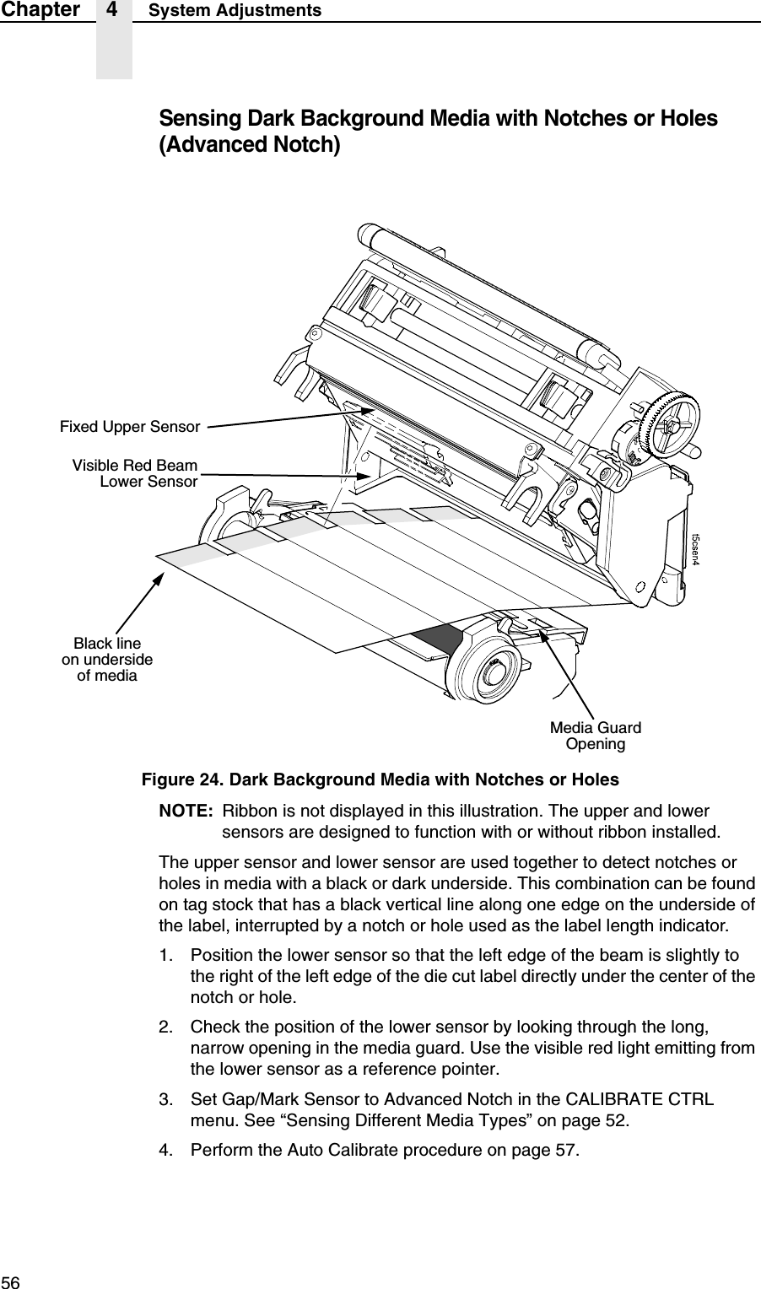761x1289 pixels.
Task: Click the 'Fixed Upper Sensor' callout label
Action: pyautogui.click(x=129, y=427)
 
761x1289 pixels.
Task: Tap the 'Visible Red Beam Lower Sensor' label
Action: pyautogui.click(x=135, y=474)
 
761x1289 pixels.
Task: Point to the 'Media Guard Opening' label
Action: pyautogui.click(x=595, y=736)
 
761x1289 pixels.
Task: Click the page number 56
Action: pyautogui.click(x=10, y=1281)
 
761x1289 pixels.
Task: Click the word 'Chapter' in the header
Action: pyautogui.click(x=40, y=10)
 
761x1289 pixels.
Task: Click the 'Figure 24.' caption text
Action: pyautogui.click(x=182, y=778)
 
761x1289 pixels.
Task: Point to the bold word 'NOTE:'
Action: pyautogui.click(x=186, y=811)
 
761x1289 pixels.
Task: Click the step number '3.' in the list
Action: pyautogui.click(x=168, y=1101)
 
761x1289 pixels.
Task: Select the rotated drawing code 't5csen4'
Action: pyautogui.click(x=697, y=550)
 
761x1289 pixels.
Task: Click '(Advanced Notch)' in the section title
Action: pyautogui.click(x=251, y=145)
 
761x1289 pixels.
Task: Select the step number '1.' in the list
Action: pyautogui.click(x=168, y=954)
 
